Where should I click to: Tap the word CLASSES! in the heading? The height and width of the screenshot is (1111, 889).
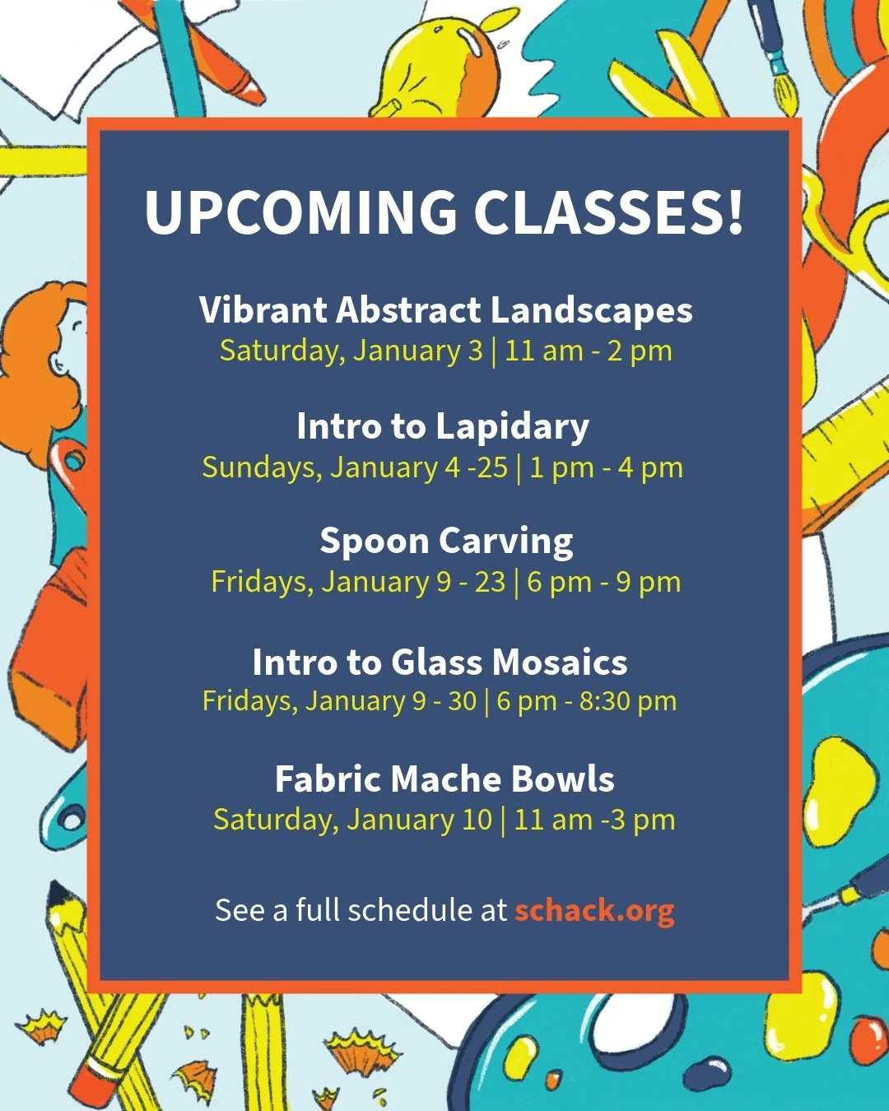608,212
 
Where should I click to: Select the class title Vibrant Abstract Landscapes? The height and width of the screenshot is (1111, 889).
445,310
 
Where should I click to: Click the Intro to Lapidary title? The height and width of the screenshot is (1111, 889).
443,426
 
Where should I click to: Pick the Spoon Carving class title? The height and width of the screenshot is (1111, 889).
446,542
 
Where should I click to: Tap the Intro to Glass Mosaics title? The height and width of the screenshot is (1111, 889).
440,662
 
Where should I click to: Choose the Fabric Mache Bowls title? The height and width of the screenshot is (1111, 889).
444,779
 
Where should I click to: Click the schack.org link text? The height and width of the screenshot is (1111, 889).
594,910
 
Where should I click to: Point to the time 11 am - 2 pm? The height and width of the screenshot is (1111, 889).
589,351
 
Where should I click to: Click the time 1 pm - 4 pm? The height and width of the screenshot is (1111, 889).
606,468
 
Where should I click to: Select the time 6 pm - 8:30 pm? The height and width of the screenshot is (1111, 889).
586,701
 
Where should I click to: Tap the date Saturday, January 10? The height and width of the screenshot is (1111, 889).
352,820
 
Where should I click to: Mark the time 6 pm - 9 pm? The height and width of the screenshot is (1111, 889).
603,583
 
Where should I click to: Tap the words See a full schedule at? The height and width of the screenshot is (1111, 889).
361,910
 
